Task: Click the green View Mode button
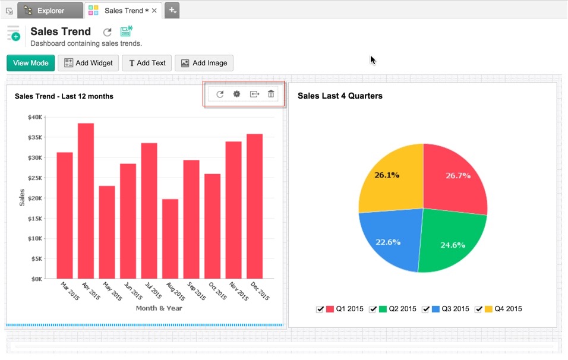pyautogui.click(x=31, y=63)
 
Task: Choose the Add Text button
pyautogui.click(x=147, y=63)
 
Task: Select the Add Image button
pyautogui.click(x=204, y=63)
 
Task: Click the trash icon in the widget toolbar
pyautogui.click(x=271, y=94)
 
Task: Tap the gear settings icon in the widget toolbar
pyautogui.click(x=236, y=94)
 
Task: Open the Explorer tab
pyautogui.click(x=51, y=10)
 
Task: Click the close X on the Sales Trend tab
pyautogui.click(x=154, y=11)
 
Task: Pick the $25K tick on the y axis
pyautogui.click(x=34, y=178)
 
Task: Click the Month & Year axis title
pyautogui.click(x=159, y=308)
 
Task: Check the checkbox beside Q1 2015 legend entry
pyautogui.click(x=320, y=310)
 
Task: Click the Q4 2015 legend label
pyautogui.click(x=509, y=309)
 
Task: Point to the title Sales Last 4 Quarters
pyautogui.click(x=340, y=96)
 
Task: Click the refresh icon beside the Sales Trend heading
pyautogui.click(x=107, y=33)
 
